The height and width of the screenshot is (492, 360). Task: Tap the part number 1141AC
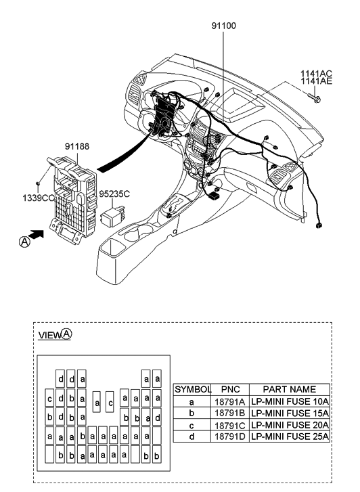pos(316,72)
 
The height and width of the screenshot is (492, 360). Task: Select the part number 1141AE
pos(316,81)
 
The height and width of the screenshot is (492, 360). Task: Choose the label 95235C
pos(115,193)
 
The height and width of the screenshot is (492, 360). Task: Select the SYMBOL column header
pos(193,390)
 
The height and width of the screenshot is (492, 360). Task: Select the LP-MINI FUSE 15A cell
pos(290,413)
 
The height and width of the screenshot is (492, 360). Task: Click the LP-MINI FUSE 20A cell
pos(290,425)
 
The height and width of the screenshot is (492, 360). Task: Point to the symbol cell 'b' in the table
pos(193,413)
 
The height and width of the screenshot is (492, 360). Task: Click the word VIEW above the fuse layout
pos(49,335)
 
